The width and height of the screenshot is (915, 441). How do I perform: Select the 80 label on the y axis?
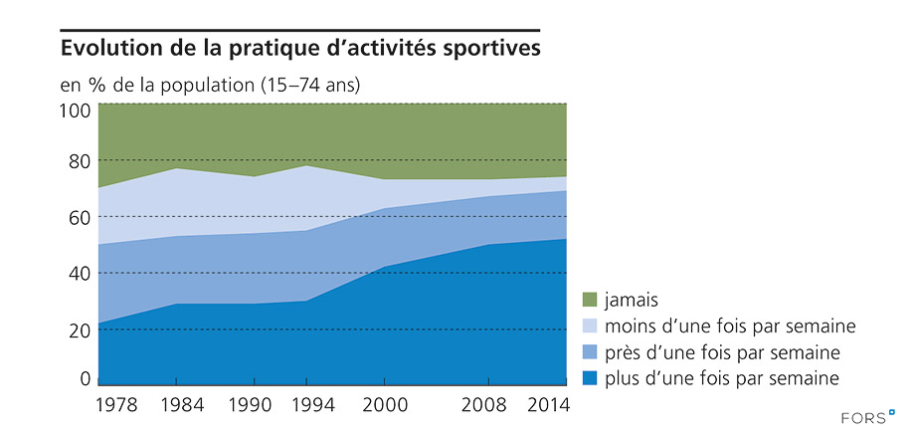tap(81, 161)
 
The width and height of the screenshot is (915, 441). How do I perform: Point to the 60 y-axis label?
tap(81, 217)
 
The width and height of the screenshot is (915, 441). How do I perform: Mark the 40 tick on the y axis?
tap(81, 274)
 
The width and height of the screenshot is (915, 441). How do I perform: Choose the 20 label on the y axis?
tap(81, 330)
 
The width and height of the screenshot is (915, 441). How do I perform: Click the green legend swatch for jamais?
tap(589, 299)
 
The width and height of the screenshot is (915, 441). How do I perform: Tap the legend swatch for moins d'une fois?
tap(589, 326)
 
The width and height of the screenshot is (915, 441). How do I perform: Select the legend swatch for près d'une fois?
tap(589, 351)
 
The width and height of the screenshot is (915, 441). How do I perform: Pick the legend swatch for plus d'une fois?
tap(589, 378)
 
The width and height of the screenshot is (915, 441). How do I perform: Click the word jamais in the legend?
tap(633, 299)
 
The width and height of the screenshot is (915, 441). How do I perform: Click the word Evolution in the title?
tap(110, 48)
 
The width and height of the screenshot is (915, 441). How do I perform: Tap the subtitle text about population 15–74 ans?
tap(210, 85)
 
